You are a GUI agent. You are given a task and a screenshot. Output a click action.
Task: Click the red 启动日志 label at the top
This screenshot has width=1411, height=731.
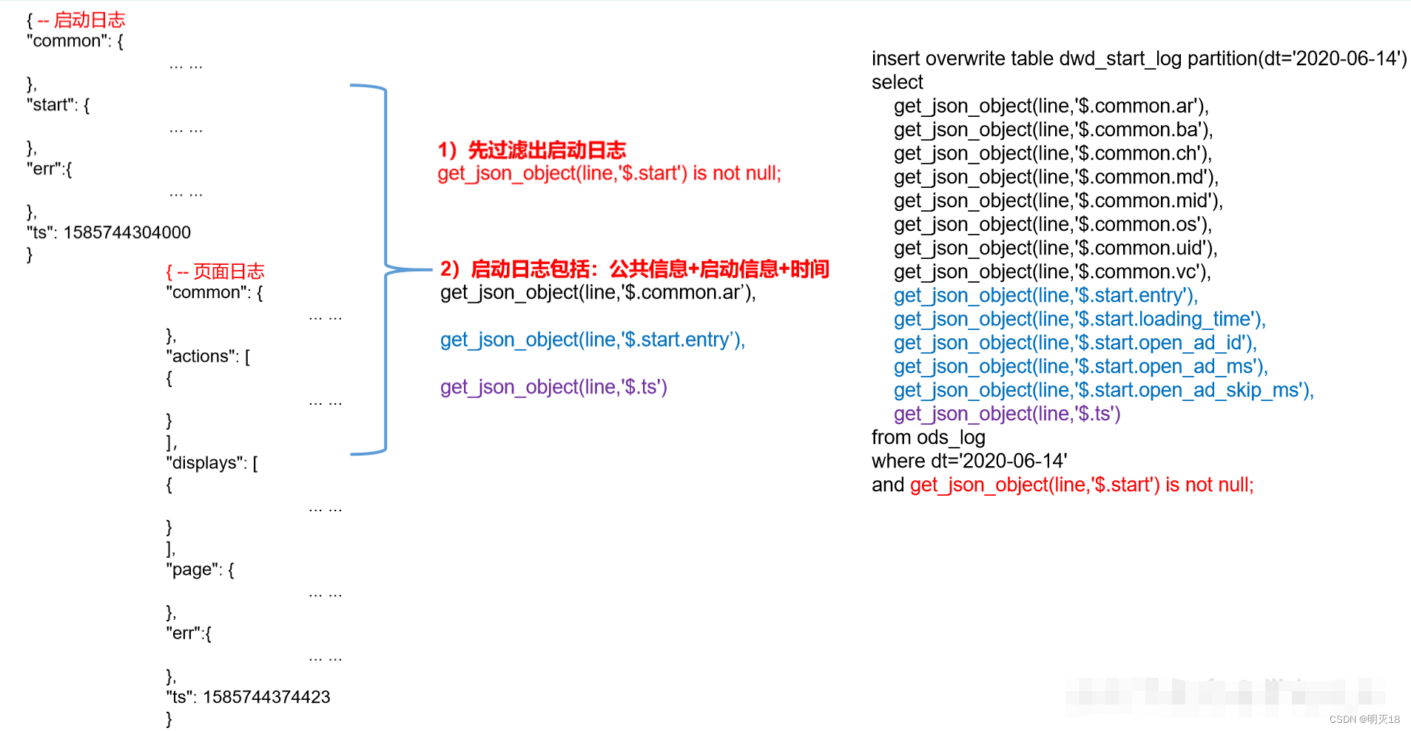pyautogui.click(x=89, y=20)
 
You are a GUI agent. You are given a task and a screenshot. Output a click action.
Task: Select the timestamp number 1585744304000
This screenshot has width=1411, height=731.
pyautogui.click(x=127, y=232)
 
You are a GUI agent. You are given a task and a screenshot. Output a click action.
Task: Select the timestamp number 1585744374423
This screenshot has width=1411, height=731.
pyautogui.click(x=266, y=697)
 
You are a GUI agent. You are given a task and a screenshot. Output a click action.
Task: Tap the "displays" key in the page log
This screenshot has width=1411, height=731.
pyautogui.click(x=205, y=463)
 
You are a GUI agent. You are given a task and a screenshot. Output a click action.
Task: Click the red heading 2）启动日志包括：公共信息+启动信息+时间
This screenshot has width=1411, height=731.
pyautogui.click(x=634, y=269)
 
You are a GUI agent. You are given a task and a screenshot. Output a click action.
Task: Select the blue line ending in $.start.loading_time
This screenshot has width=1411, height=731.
pyautogui.click(x=1079, y=319)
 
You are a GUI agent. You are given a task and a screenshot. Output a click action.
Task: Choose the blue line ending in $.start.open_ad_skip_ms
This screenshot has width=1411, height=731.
pyautogui.click(x=1102, y=390)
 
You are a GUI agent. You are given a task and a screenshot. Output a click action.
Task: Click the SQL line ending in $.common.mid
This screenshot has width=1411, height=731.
pyautogui.click(x=1057, y=201)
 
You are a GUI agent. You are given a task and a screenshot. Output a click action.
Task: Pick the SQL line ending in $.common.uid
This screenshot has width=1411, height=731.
pyautogui.click(x=1054, y=248)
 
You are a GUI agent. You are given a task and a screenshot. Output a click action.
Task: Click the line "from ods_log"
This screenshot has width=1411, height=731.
pyautogui.click(x=928, y=437)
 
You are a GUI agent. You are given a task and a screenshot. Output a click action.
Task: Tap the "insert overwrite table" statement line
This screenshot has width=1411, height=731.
pyautogui.click(x=1139, y=58)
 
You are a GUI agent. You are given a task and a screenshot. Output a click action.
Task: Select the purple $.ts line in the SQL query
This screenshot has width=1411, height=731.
pyautogui.click(x=1006, y=414)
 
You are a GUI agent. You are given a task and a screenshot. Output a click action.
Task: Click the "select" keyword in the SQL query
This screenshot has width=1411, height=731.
pyautogui.click(x=897, y=82)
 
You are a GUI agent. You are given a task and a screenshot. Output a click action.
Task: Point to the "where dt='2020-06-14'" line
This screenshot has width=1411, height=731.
pyautogui.click(x=969, y=461)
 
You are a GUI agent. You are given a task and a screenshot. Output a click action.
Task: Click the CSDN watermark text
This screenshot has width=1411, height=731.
pyautogui.click(x=1364, y=719)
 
